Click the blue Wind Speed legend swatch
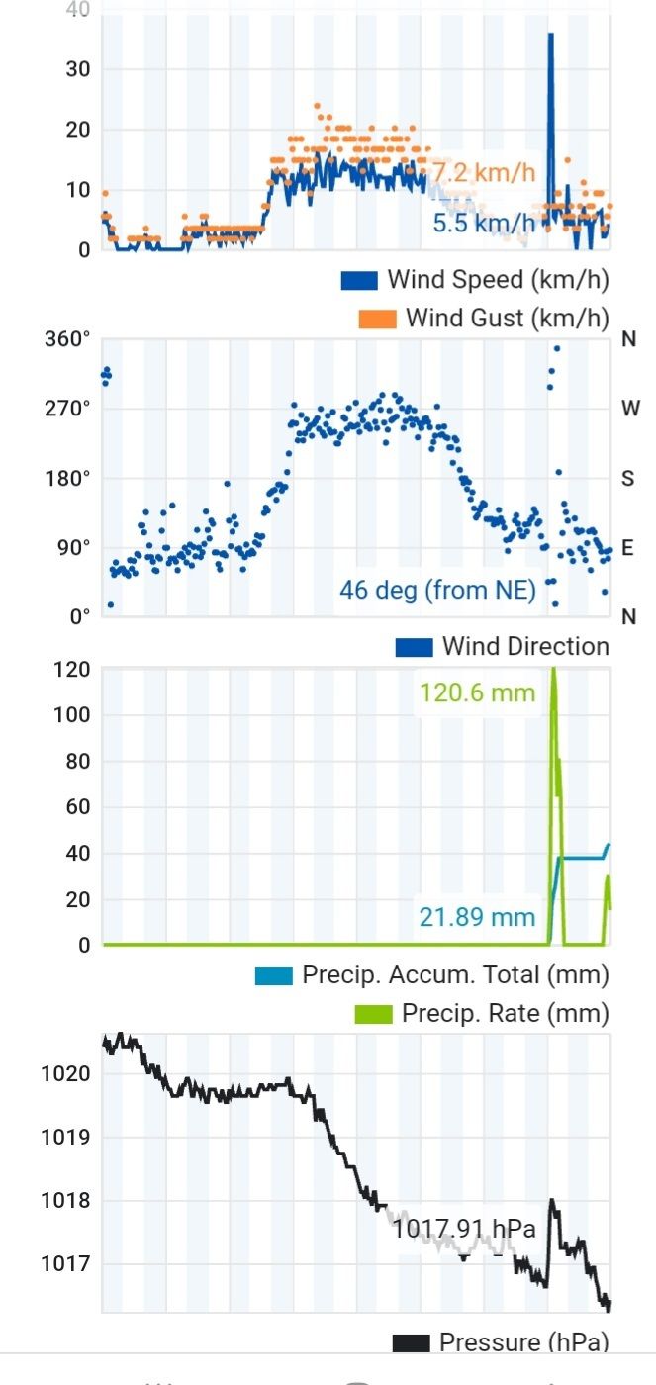(359, 280)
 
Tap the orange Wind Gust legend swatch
(376, 319)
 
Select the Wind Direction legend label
(525, 647)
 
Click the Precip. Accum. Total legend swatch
(274, 975)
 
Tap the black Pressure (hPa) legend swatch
(411, 1342)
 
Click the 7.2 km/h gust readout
(484, 172)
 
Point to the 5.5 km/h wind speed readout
(484, 224)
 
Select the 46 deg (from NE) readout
(437, 591)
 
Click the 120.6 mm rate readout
(477, 692)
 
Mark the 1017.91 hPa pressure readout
(464, 1230)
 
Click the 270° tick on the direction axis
(67, 409)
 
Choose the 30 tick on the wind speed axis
(78, 69)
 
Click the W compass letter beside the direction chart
(629, 409)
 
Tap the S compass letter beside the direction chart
(627, 479)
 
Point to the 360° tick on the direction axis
(67, 339)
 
